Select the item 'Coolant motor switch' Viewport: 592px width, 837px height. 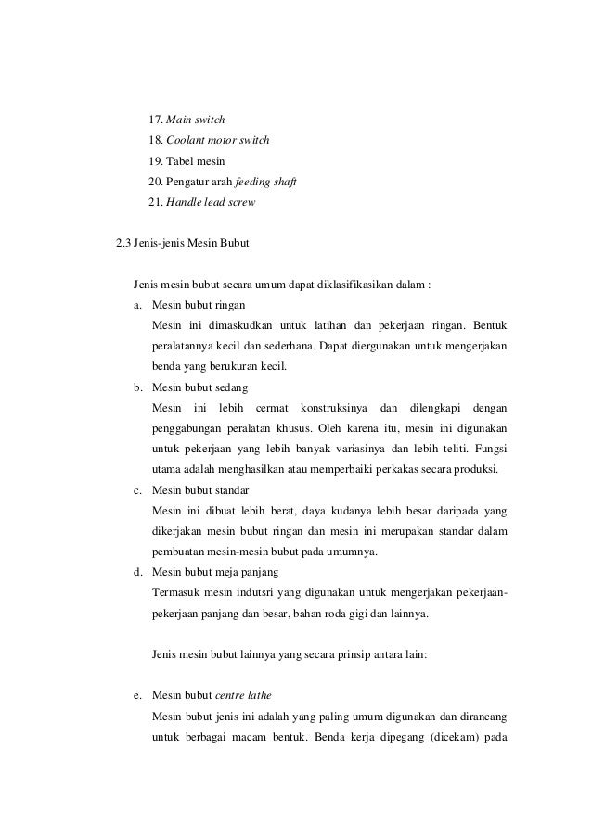coord(218,141)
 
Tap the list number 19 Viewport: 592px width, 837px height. coord(155,162)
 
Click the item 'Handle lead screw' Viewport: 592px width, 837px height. coord(210,203)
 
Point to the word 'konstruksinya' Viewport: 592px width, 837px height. coord(333,408)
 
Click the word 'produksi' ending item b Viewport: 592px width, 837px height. coord(475,469)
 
